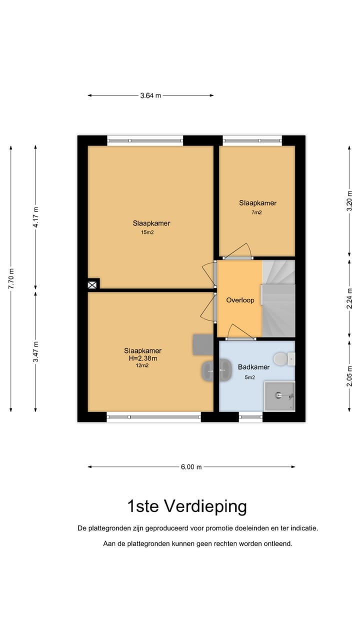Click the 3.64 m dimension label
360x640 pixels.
(150, 95)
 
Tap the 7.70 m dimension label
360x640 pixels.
(11, 279)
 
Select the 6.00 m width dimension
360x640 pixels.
(191, 467)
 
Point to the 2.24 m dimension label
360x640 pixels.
(349, 299)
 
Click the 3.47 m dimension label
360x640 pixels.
(35, 351)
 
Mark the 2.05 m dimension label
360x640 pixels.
(349, 375)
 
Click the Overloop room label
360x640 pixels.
(240, 300)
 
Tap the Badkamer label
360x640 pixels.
(253, 367)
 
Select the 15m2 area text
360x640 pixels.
(147, 232)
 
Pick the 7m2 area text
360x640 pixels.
(256, 212)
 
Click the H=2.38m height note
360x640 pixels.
(143, 358)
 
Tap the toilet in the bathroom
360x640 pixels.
(284, 359)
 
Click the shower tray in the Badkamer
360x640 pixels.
(279, 396)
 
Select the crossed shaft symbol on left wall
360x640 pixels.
(92, 285)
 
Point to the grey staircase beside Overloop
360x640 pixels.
(278, 298)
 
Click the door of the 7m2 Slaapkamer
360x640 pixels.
(237, 251)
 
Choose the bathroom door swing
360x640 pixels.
(240, 332)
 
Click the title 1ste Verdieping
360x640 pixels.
(187, 507)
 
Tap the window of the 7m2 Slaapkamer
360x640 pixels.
(252, 140)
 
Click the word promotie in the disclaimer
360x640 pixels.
(219, 528)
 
